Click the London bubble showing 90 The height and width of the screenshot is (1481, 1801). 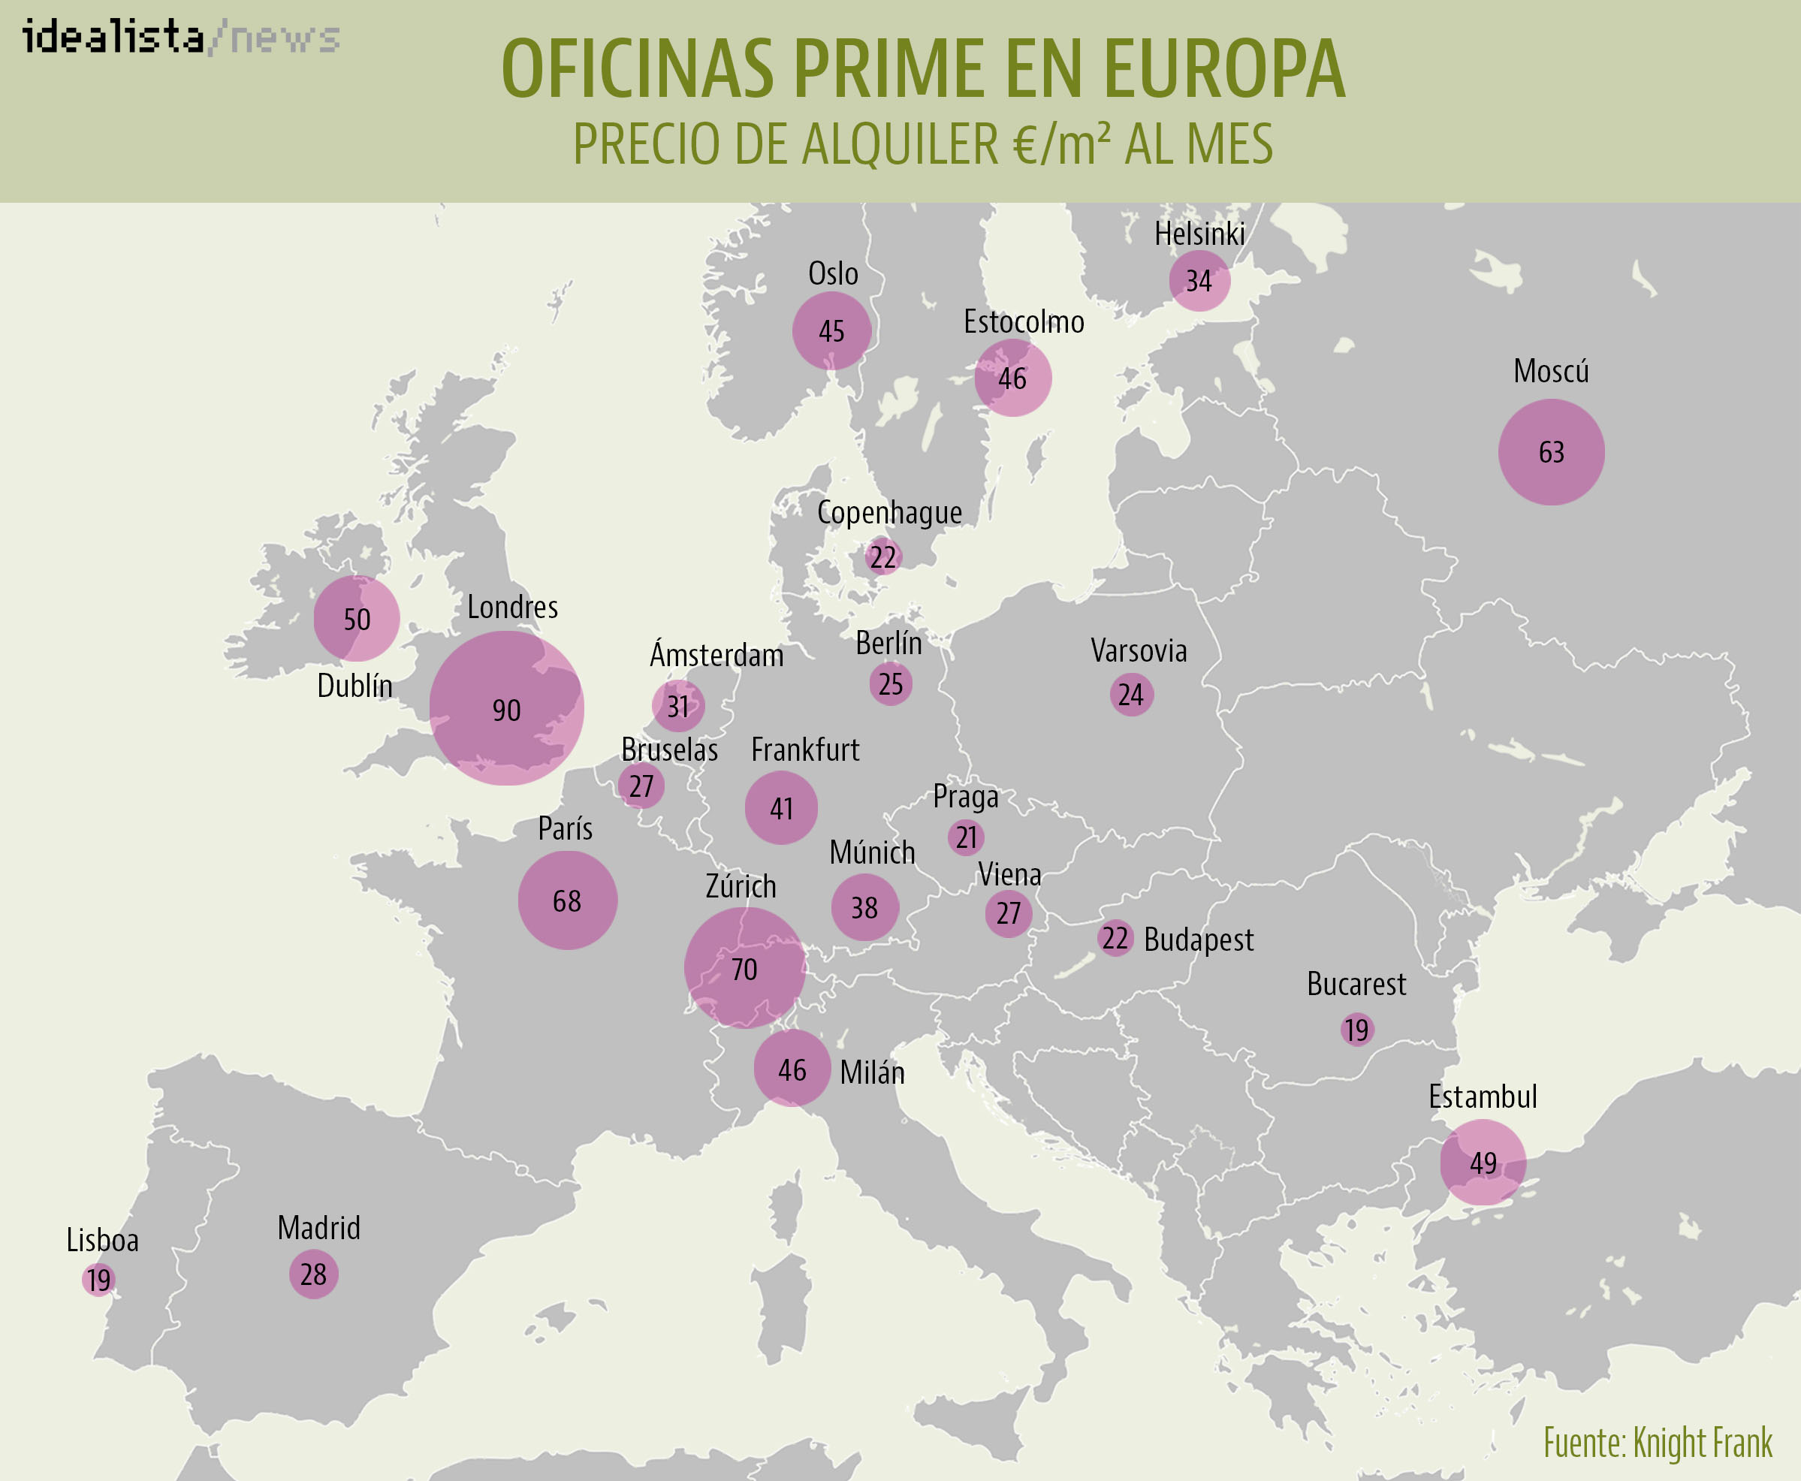click(506, 708)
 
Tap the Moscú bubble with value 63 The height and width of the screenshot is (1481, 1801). click(1551, 452)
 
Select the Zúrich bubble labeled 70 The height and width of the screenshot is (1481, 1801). click(745, 967)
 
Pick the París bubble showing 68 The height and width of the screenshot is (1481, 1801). click(567, 900)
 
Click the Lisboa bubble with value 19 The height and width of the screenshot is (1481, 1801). click(99, 1279)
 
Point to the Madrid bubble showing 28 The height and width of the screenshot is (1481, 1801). click(313, 1274)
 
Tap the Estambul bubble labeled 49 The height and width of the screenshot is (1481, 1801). click(1483, 1162)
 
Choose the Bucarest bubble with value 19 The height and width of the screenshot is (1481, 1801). click(1356, 1030)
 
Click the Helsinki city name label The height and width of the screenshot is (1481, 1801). click(1199, 234)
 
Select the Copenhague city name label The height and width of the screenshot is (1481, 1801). click(889, 513)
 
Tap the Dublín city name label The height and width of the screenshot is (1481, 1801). click(355, 686)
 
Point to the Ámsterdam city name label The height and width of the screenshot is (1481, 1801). click(716, 655)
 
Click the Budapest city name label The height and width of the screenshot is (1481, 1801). click(1199, 940)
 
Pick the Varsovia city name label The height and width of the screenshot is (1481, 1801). click(1139, 651)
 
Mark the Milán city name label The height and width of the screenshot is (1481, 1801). click(872, 1072)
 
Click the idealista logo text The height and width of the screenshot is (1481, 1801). click(113, 38)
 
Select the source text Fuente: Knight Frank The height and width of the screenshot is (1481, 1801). click(1658, 1443)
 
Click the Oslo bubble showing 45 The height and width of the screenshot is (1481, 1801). click(832, 331)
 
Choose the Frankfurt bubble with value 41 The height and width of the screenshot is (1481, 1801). click(782, 808)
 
